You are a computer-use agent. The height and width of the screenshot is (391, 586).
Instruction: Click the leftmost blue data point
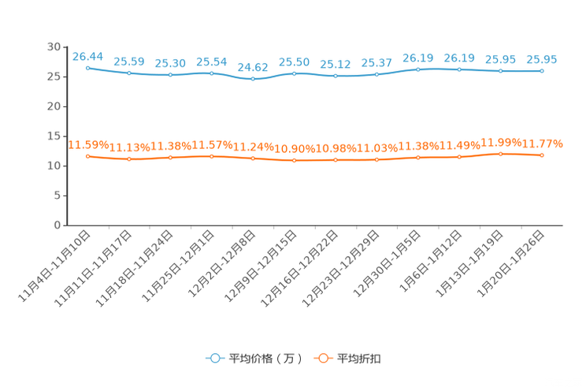click(87, 68)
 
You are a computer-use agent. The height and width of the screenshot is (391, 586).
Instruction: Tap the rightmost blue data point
click(542, 71)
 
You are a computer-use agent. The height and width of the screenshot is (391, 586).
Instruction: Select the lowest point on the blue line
click(253, 79)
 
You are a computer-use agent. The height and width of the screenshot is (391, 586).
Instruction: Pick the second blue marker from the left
click(129, 73)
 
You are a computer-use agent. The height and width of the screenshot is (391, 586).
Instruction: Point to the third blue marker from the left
click(170, 75)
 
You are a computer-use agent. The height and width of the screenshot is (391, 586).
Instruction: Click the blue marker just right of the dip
click(295, 73)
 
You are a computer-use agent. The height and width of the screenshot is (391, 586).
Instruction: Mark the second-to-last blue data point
click(500, 71)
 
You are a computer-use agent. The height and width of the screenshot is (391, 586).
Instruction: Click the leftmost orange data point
click(87, 156)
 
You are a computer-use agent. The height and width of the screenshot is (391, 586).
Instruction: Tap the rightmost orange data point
click(542, 155)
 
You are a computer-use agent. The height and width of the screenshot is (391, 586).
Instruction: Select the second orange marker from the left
click(129, 159)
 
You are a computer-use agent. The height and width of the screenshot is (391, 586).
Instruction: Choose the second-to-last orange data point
click(500, 154)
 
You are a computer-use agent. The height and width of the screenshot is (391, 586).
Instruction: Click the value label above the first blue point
click(87, 56)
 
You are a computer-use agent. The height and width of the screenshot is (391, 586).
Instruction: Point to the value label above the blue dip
click(253, 67)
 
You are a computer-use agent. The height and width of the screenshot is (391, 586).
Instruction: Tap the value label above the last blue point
click(542, 59)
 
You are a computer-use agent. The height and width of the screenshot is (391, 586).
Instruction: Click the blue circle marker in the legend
click(214, 359)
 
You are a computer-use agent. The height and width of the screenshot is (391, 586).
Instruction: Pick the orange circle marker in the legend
click(322, 359)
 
